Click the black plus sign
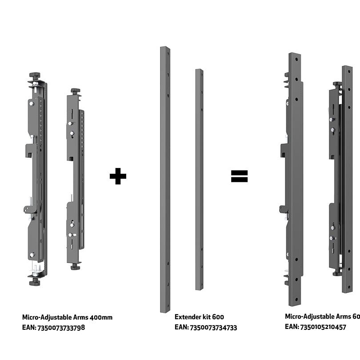[118, 176]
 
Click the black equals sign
[239, 176]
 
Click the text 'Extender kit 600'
[199, 317]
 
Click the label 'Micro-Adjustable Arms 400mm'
[67, 317]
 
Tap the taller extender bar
[165, 178]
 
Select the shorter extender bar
[199, 178]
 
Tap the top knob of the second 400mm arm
[75, 91]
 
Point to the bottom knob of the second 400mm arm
[75, 267]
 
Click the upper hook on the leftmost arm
[29, 150]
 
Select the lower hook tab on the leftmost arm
[29, 209]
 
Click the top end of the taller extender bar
[165, 49]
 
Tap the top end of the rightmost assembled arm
[347, 69]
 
